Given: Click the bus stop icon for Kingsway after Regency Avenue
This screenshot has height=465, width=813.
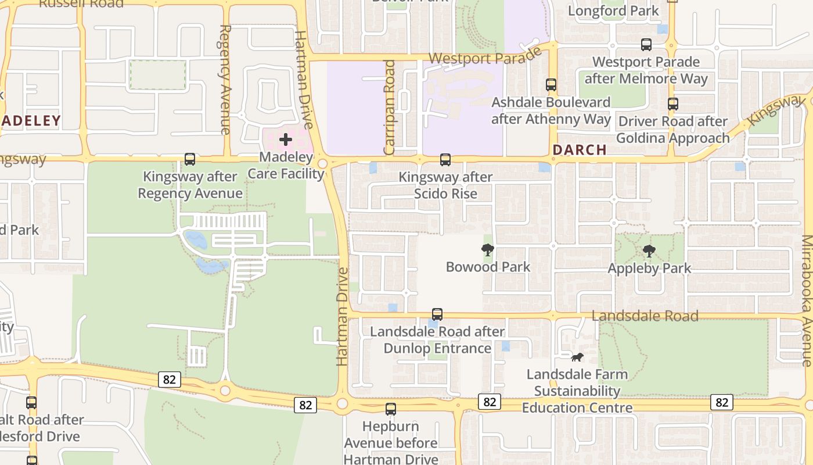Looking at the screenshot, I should click(189, 159).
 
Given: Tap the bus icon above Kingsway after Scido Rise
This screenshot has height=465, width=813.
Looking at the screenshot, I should click(445, 159).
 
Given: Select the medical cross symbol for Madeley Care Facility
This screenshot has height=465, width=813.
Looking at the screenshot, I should click(285, 139).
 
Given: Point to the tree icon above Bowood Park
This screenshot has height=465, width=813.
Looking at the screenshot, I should click(488, 251).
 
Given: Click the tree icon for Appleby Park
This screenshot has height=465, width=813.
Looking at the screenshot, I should click(649, 252).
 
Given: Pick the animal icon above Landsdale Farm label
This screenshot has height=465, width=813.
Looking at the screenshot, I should click(577, 357).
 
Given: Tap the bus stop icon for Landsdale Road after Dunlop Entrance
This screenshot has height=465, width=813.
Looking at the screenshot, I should click(437, 314).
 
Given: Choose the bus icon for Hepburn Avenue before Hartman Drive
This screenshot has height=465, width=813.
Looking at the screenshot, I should click(391, 409).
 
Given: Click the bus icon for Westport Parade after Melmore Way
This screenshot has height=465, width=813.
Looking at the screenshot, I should click(646, 44).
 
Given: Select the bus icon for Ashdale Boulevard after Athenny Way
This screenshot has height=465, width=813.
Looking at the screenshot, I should click(551, 85).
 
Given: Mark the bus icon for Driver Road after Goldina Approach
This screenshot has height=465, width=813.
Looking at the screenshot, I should click(673, 104).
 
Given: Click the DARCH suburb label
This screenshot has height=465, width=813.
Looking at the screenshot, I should click(580, 150).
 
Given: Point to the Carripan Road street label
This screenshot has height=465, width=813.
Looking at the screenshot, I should click(389, 108).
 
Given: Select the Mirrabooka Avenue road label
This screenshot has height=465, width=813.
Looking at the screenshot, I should click(807, 301).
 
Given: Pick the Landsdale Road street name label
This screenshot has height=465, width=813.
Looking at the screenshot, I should click(645, 316).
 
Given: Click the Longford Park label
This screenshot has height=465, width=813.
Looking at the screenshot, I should click(613, 11).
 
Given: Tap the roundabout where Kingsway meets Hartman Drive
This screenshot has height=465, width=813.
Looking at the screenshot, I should click(322, 164).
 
